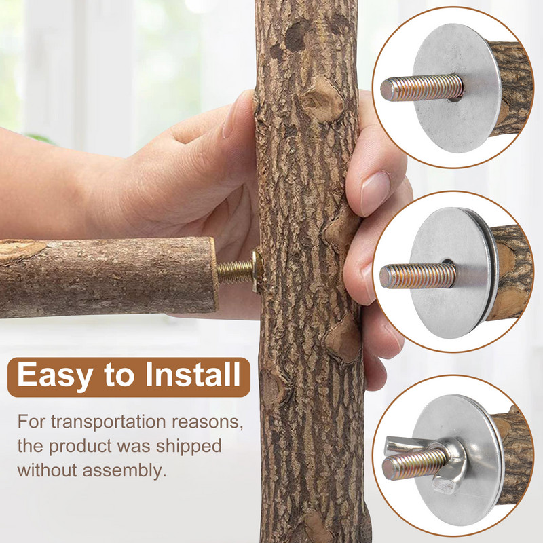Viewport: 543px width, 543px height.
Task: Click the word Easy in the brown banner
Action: point(55,376)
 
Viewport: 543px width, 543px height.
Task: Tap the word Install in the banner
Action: point(193,374)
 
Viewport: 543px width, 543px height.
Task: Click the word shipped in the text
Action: point(189,447)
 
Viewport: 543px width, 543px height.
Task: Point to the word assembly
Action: point(124,471)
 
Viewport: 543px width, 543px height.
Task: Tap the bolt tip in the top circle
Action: point(386,90)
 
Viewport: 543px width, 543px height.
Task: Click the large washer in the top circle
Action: point(455,88)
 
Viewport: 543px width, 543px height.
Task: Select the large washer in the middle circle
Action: point(453,272)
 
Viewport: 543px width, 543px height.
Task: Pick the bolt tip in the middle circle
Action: point(386,277)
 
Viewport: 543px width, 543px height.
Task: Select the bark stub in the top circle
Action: point(511,88)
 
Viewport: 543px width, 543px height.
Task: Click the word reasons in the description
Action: point(207,422)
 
